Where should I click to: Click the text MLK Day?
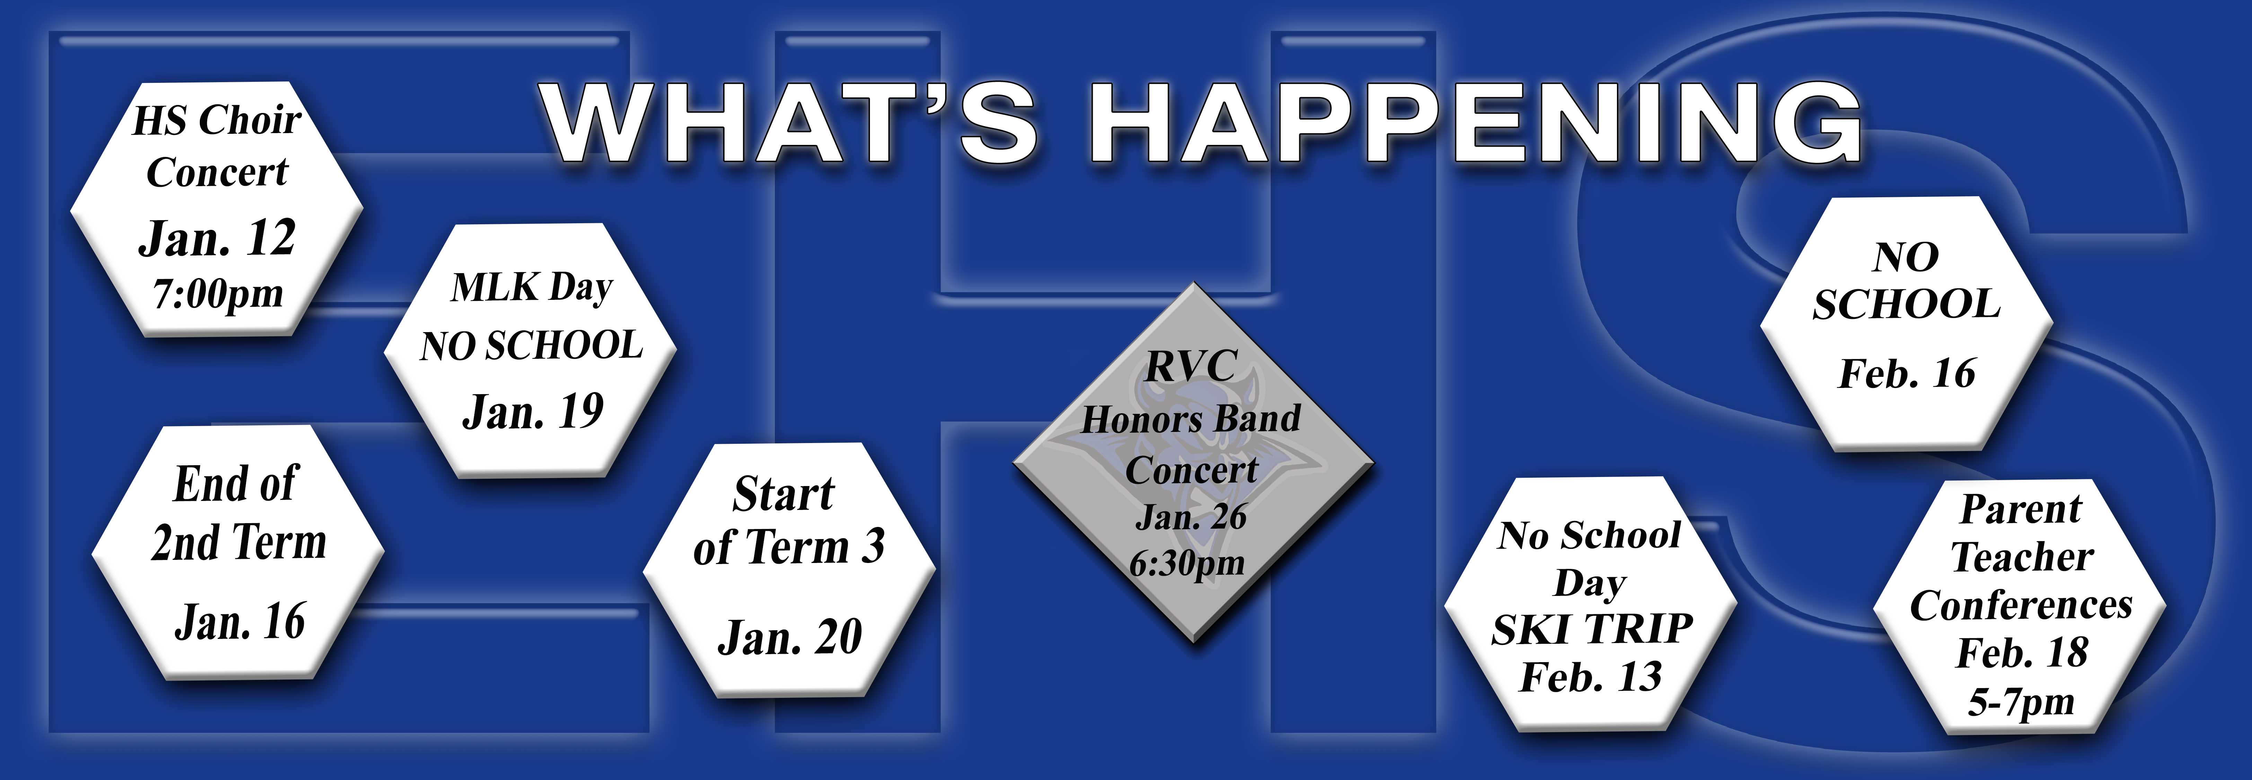point(531,288)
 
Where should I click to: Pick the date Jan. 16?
point(239,622)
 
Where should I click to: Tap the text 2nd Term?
point(239,542)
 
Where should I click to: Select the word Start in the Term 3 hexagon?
point(783,494)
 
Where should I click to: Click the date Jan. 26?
point(1191,517)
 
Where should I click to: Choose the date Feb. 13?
point(1591,677)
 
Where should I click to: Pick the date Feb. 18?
point(2021,653)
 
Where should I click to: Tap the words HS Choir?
point(217,120)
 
